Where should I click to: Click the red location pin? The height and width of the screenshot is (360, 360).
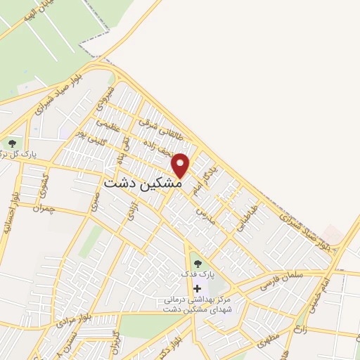click(x=181, y=165)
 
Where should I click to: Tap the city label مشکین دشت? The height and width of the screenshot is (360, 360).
click(x=143, y=181)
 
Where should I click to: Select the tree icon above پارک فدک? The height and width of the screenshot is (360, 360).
click(x=197, y=264)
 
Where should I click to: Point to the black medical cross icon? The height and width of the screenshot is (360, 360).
click(x=197, y=288)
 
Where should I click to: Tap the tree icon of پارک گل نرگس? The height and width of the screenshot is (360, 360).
click(x=12, y=144)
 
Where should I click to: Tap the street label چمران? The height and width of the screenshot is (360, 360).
click(x=44, y=207)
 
